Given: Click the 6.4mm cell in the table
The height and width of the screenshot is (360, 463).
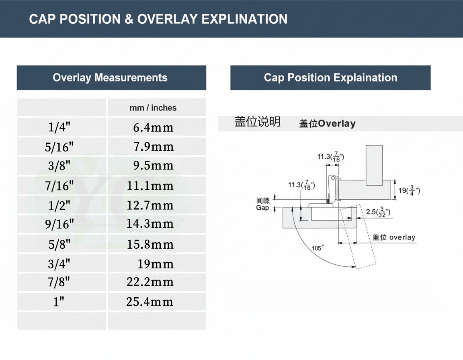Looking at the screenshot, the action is pos(153,127).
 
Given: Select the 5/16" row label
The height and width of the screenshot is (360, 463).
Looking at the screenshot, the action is pos(59,147).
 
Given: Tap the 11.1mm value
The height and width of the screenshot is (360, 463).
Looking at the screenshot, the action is pos(150,186).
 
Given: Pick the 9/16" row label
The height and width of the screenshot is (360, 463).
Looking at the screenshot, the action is pos(59,224).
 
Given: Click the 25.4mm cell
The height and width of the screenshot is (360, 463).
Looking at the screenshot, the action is pos(150,302).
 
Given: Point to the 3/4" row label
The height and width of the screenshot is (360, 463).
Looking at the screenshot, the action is pos(59,264).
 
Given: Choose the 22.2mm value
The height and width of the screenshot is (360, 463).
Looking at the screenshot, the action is pos(150,282).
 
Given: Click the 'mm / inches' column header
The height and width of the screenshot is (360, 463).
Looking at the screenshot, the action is pos(153,108).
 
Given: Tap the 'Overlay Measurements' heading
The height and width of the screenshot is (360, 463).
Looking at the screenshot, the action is pos(110,78).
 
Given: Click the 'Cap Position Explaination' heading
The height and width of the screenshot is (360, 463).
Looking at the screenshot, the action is pos(330,78).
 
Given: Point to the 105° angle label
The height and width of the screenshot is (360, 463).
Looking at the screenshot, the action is pos(318,248).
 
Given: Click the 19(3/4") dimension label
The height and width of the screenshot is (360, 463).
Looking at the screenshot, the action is pos(409,190).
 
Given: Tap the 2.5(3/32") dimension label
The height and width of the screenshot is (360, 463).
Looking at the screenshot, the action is pos(378,212).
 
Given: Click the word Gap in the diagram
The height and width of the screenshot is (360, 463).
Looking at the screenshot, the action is pos(262,208).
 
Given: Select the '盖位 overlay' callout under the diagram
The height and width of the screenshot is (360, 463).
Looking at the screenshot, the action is pos(394,237).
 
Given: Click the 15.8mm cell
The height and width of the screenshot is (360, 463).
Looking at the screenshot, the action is pos(150,244).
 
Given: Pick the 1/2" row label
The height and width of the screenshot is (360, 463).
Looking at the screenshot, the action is pos(59,205).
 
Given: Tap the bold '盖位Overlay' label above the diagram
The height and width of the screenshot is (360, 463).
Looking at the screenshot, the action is pos(328,123).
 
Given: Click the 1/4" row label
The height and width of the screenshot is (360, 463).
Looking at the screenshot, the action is pos(59,127).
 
